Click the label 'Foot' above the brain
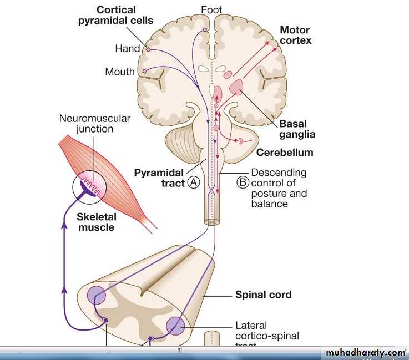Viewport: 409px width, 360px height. pyautogui.click(x=211, y=9)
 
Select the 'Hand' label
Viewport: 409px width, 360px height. pyautogui.click(x=127, y=49)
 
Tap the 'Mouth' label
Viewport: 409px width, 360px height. pyautogui.click(x=120, y=72)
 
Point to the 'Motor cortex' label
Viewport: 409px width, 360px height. pyautogui.click(x=295, y=35)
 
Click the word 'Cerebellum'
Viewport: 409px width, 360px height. pyautogui.click(x=285, y=152)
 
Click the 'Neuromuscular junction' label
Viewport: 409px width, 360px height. pyautogui.click(x=95, y=124)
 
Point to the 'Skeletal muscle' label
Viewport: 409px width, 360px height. pyautogui.click(x=96, y=222)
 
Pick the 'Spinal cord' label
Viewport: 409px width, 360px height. pyautogui.click(x=263, y=295)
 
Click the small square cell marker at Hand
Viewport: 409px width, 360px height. pyautogui.click(x=148, y=49)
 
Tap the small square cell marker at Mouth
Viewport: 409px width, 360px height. pyautogui.click(x=144, y=71)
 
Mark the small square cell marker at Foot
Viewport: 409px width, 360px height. pyautogui.click(x=205, y=29)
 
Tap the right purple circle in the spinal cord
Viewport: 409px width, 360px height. pyautogui.click(x=175, y=326)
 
